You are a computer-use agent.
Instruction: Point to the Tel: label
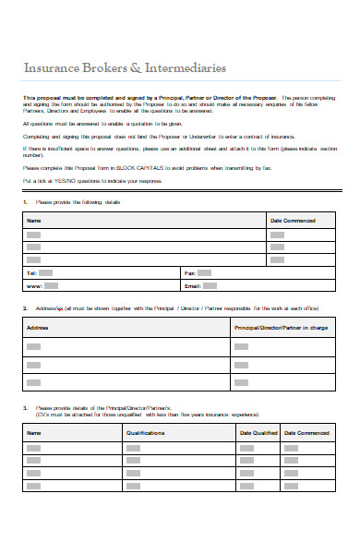(32, 273)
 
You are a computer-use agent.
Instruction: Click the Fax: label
(190, 273)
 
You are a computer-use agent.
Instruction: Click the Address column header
(38, 328)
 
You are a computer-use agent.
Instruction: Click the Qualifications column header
(145, 432)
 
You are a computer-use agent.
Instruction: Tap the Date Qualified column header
(258, 432)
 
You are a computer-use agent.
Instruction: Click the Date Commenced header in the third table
(306, 432)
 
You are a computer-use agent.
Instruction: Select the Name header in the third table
(34, 432)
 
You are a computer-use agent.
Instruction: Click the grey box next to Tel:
(47, 273)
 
